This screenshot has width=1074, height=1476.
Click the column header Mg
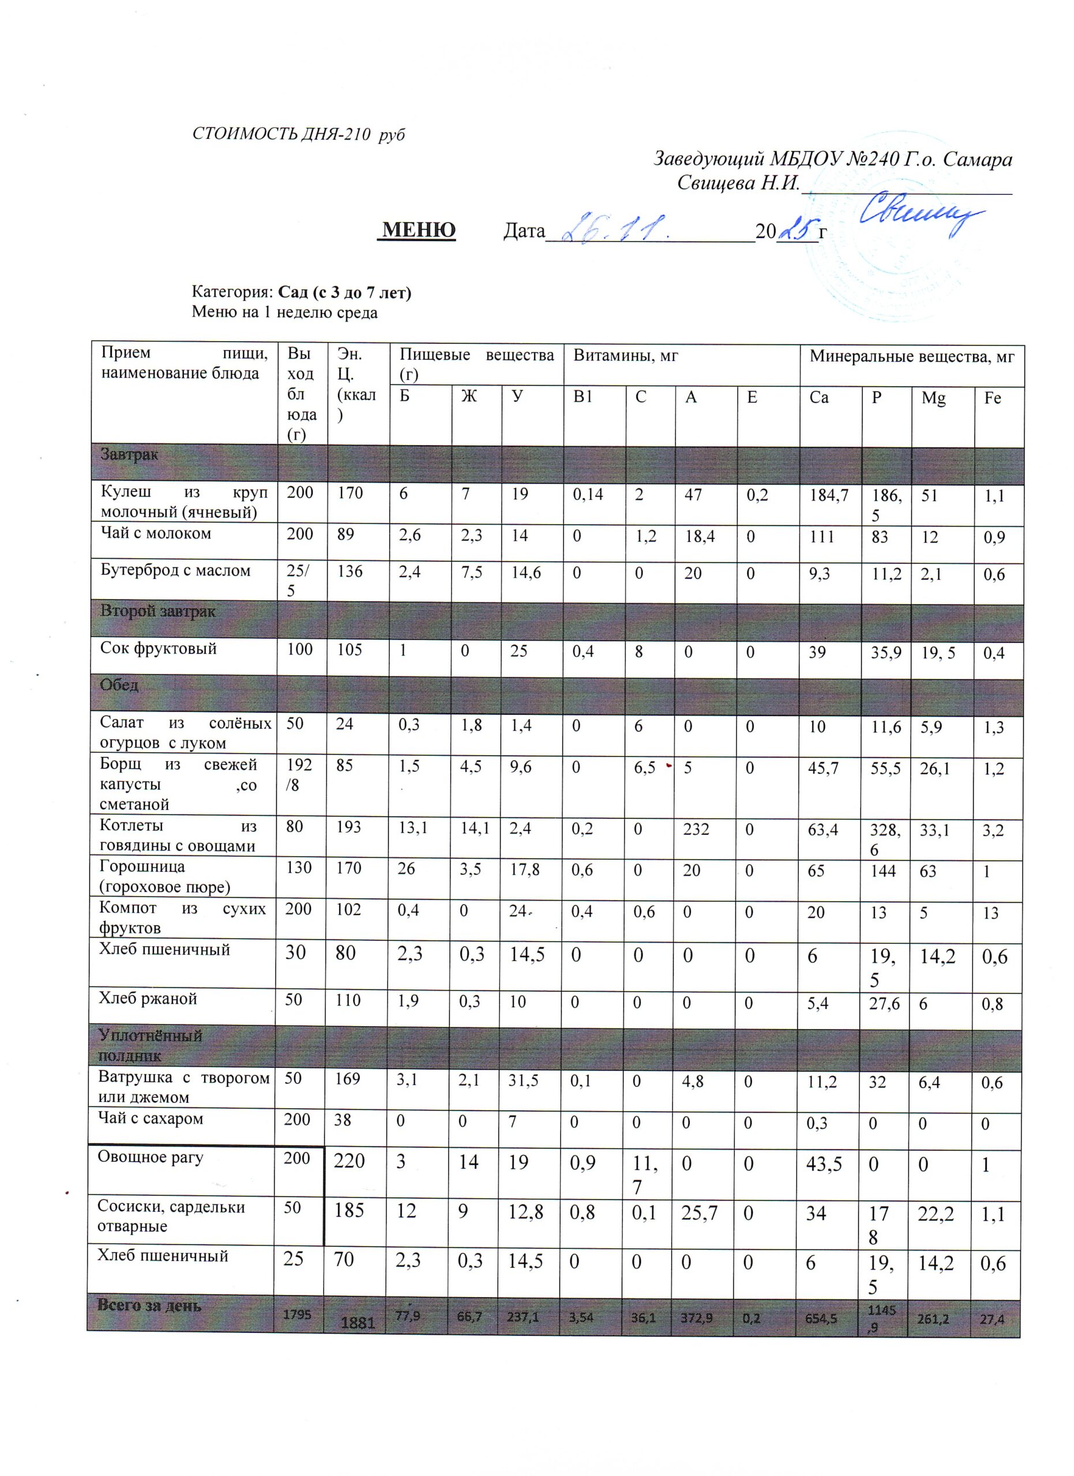933,398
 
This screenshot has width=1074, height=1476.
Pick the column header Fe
992,398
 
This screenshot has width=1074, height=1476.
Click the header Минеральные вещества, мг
911,356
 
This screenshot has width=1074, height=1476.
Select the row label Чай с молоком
156,534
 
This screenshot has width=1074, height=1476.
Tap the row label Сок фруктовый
158,648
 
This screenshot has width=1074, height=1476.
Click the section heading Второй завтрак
157,611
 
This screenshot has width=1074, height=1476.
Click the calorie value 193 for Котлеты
349,829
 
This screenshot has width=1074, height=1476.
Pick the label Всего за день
149,1305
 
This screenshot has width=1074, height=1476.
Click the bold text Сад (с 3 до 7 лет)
345,292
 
